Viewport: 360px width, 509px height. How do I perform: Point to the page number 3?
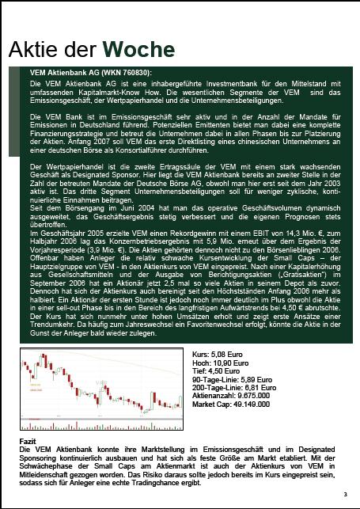click(x=345, y=496)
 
